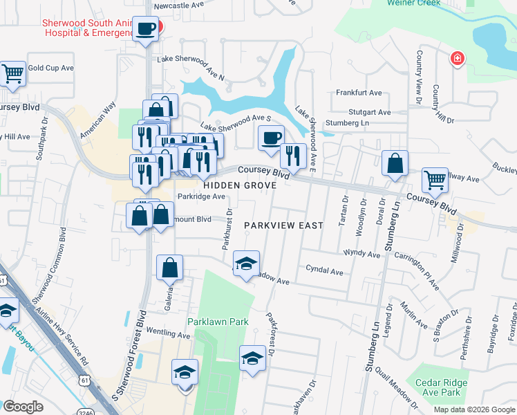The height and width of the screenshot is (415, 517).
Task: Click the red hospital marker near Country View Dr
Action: coord(456,59)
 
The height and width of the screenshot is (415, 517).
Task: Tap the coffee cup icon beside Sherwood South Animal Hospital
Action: coord(145,30)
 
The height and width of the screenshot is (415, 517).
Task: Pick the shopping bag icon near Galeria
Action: coord(170,266)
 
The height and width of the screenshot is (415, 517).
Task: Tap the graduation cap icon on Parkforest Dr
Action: coord(252,358)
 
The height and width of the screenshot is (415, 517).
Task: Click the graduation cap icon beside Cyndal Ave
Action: coord(245,264)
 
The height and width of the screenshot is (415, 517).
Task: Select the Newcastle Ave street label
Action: coord(180,3)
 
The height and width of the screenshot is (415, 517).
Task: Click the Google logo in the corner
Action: coord(23,407)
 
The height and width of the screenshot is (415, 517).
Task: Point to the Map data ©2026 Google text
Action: coord(473,409)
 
